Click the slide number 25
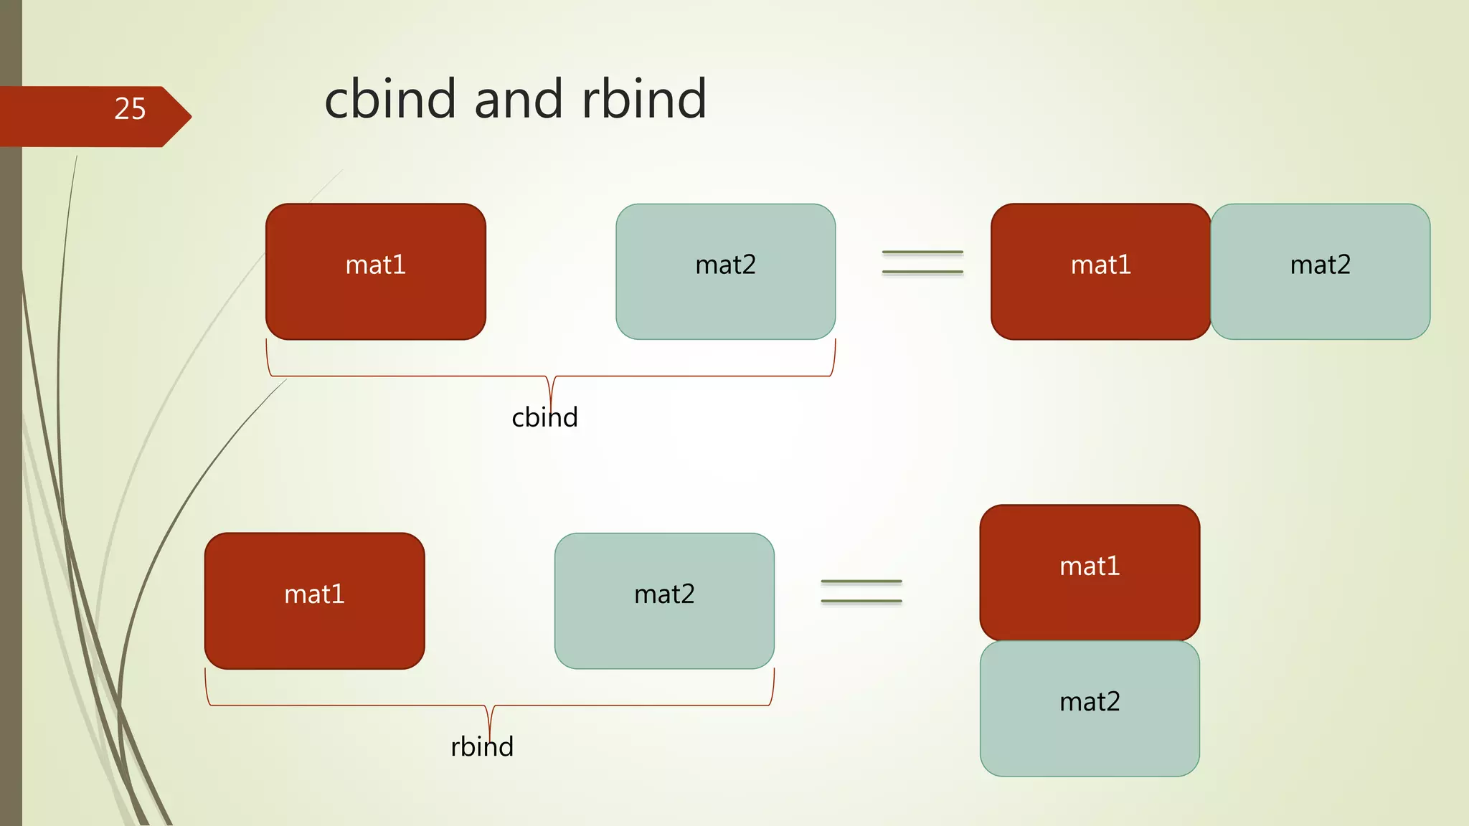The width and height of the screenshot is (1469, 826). [x=130, y=109]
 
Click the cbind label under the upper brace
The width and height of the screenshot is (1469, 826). [x=544, y=417]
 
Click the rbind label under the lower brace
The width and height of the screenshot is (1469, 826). [x=482, y=747]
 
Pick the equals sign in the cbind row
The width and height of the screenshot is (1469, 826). [x=922, y=262]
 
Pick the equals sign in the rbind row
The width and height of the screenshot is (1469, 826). [x=861, y=592]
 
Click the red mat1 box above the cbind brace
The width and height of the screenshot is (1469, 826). [x=375, y=301]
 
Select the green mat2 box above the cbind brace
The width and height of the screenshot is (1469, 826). [x=725, y=301]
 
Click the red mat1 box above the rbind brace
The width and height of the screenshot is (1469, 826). [x=314, y=631]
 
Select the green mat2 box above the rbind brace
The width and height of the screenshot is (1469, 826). [x=664, y=631]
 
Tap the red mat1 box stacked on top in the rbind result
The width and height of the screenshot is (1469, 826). [x=1090, y=602]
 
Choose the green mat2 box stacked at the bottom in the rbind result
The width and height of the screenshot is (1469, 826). [x=1090, y=739]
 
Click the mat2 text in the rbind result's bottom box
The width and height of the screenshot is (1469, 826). [x=1090, y=701]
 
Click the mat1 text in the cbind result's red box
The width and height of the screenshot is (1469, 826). [x=1100, y=265]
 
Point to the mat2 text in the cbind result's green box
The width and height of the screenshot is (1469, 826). [x=1320, y=265]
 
